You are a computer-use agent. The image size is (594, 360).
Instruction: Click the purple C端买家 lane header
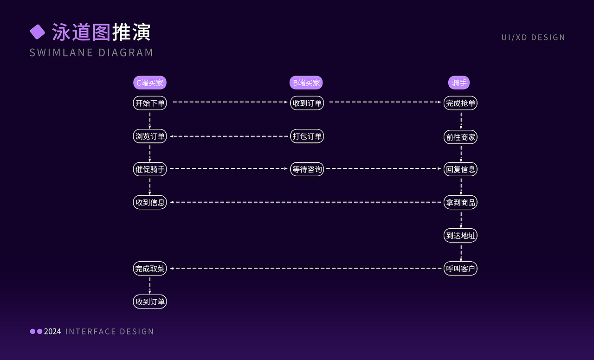[x=149, y=83]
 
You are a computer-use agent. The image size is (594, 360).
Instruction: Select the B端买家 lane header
[x=306, y=83]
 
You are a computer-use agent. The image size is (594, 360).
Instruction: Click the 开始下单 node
[x=149, y=103]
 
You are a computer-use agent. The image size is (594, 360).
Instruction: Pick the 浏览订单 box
[x=149, y=136]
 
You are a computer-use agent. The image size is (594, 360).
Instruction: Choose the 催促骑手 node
[x=149, y=169]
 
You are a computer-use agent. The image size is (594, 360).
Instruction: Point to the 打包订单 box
[x=307, y=136]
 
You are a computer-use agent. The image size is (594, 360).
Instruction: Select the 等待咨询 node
[x=307, y=169]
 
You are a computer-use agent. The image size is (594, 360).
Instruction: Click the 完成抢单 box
[x=460, y=103]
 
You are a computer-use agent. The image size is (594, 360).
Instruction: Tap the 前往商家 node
[x=460, y=137]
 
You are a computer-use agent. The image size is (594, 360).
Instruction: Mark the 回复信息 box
[x=460, y=169]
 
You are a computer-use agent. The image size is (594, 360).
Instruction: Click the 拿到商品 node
[x=460, y=202]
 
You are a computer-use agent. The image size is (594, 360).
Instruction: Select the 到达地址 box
[x=460, y=235]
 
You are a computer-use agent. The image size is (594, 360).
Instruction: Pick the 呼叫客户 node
[x=460, y=269]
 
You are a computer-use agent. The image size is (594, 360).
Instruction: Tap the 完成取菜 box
[x=149, y=269]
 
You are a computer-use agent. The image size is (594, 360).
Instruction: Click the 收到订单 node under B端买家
[x=307, y=103]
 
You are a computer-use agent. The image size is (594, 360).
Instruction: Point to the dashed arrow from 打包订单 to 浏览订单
[x=229, y=136]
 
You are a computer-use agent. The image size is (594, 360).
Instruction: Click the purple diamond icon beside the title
[x=37, y=32]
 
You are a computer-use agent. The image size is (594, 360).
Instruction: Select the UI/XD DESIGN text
[x=533, y=38]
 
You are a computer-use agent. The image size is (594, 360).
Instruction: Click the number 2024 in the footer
[x=52, y=331]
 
